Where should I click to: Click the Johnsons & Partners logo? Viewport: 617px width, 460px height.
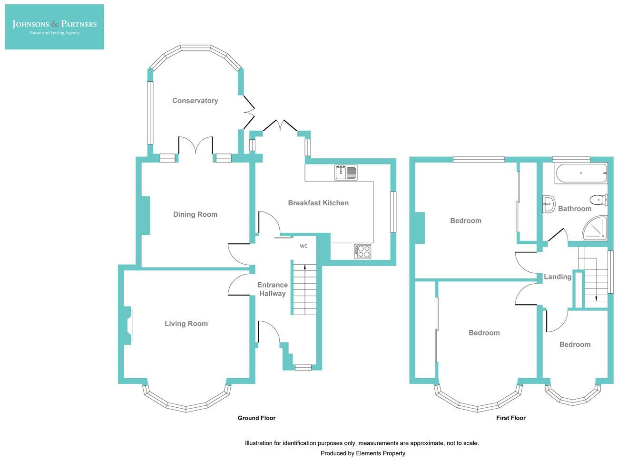point(54,27)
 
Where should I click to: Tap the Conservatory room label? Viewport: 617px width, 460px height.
point(195,101)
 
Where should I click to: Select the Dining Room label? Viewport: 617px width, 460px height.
point(195,214)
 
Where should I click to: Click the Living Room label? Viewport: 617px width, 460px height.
point(186,324)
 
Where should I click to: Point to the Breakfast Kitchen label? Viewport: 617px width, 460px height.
point(318,203)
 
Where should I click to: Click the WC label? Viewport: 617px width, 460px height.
point(304,246)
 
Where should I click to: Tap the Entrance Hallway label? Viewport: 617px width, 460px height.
point(273,289)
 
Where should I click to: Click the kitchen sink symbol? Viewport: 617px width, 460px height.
point(346,173)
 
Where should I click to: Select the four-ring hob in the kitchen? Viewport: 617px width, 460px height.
point(362,251)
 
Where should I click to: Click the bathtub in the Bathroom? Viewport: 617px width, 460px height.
point(580,173)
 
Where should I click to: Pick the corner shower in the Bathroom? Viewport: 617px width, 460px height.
point(596,228)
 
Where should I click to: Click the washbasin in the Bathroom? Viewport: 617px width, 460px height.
point(548,204)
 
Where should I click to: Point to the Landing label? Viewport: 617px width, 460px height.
point(558,277)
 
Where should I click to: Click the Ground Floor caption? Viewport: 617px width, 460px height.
point(256,418)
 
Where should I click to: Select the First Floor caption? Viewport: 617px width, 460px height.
point(510,418)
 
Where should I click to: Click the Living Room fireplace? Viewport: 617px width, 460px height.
point(128,326)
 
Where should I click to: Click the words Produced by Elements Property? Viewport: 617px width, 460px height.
point(362,453)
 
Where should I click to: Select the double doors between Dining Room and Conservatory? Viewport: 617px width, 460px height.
point(196,145)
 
